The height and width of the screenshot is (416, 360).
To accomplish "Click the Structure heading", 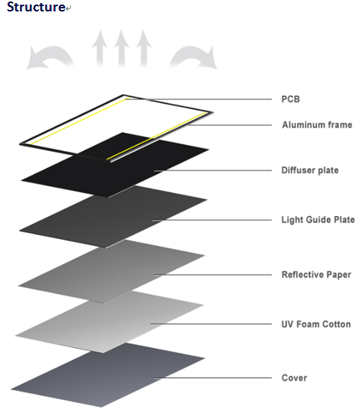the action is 36,7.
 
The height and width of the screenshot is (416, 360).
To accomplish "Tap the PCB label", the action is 291,99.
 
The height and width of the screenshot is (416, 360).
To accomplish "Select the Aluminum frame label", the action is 317,124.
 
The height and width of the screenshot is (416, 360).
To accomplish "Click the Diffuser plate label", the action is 310,170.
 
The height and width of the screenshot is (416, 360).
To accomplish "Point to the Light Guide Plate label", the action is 318,220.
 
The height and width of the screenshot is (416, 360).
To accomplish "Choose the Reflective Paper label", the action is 317,275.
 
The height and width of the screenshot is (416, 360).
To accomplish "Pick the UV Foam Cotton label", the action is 316,324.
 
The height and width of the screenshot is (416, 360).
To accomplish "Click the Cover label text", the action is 294,378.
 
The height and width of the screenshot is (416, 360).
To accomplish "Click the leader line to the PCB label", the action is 198,99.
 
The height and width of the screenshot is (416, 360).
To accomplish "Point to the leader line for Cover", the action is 213,378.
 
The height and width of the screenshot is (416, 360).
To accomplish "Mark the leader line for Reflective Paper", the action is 213,275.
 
